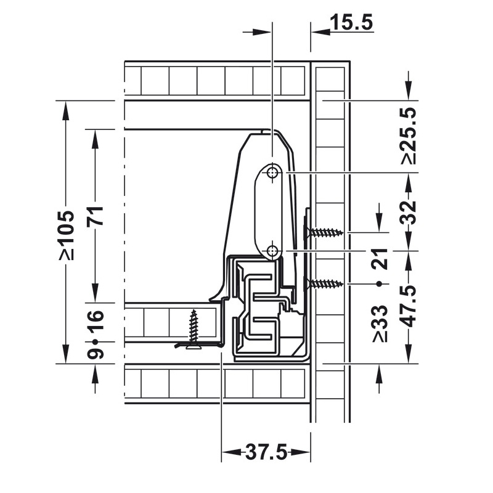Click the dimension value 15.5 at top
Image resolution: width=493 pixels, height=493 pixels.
coord(351,23)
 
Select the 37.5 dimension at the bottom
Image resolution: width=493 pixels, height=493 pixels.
coord(266,454)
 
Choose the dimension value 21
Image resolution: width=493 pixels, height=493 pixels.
coord(380,259)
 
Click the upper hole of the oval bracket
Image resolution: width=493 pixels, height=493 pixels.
coord(272,173)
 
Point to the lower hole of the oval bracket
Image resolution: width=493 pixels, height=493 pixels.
coord(272,250)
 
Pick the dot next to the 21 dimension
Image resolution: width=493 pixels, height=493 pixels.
coord(380,283)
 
